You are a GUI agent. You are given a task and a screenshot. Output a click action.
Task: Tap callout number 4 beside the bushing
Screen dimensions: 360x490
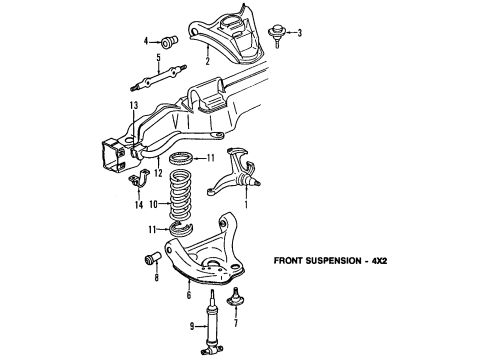click(146, 41)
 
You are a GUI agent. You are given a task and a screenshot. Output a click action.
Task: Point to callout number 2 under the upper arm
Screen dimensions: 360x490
click(207, 62)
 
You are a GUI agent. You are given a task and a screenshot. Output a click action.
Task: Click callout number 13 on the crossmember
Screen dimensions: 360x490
click(134, 105)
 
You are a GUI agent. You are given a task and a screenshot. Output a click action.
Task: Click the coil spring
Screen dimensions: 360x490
click(182, 201)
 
